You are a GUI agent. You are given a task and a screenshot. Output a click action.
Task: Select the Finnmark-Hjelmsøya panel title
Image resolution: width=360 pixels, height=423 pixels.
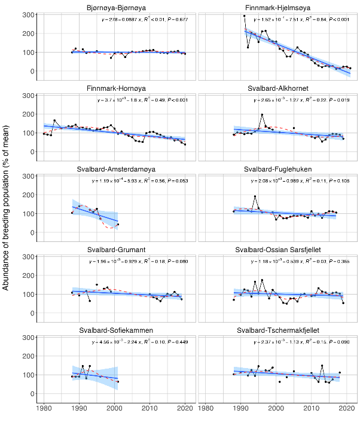tap(277, 7)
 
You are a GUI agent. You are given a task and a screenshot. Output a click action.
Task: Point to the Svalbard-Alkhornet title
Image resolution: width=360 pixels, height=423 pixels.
tap(277, 88)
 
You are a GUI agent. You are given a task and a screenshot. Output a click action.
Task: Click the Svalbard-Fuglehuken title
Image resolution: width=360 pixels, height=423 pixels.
tap(277, 169)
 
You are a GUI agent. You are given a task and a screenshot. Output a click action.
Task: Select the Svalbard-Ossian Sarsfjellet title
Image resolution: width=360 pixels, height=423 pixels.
tap(277, 250)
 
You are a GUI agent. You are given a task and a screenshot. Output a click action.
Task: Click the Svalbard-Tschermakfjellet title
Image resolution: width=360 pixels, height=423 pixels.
tap(277, 330)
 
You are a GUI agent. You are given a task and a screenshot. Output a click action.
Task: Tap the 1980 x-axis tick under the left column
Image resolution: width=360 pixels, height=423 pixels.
tap(44, 409)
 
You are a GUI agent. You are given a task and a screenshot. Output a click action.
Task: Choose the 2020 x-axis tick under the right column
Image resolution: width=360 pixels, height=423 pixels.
tap(346, 409)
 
